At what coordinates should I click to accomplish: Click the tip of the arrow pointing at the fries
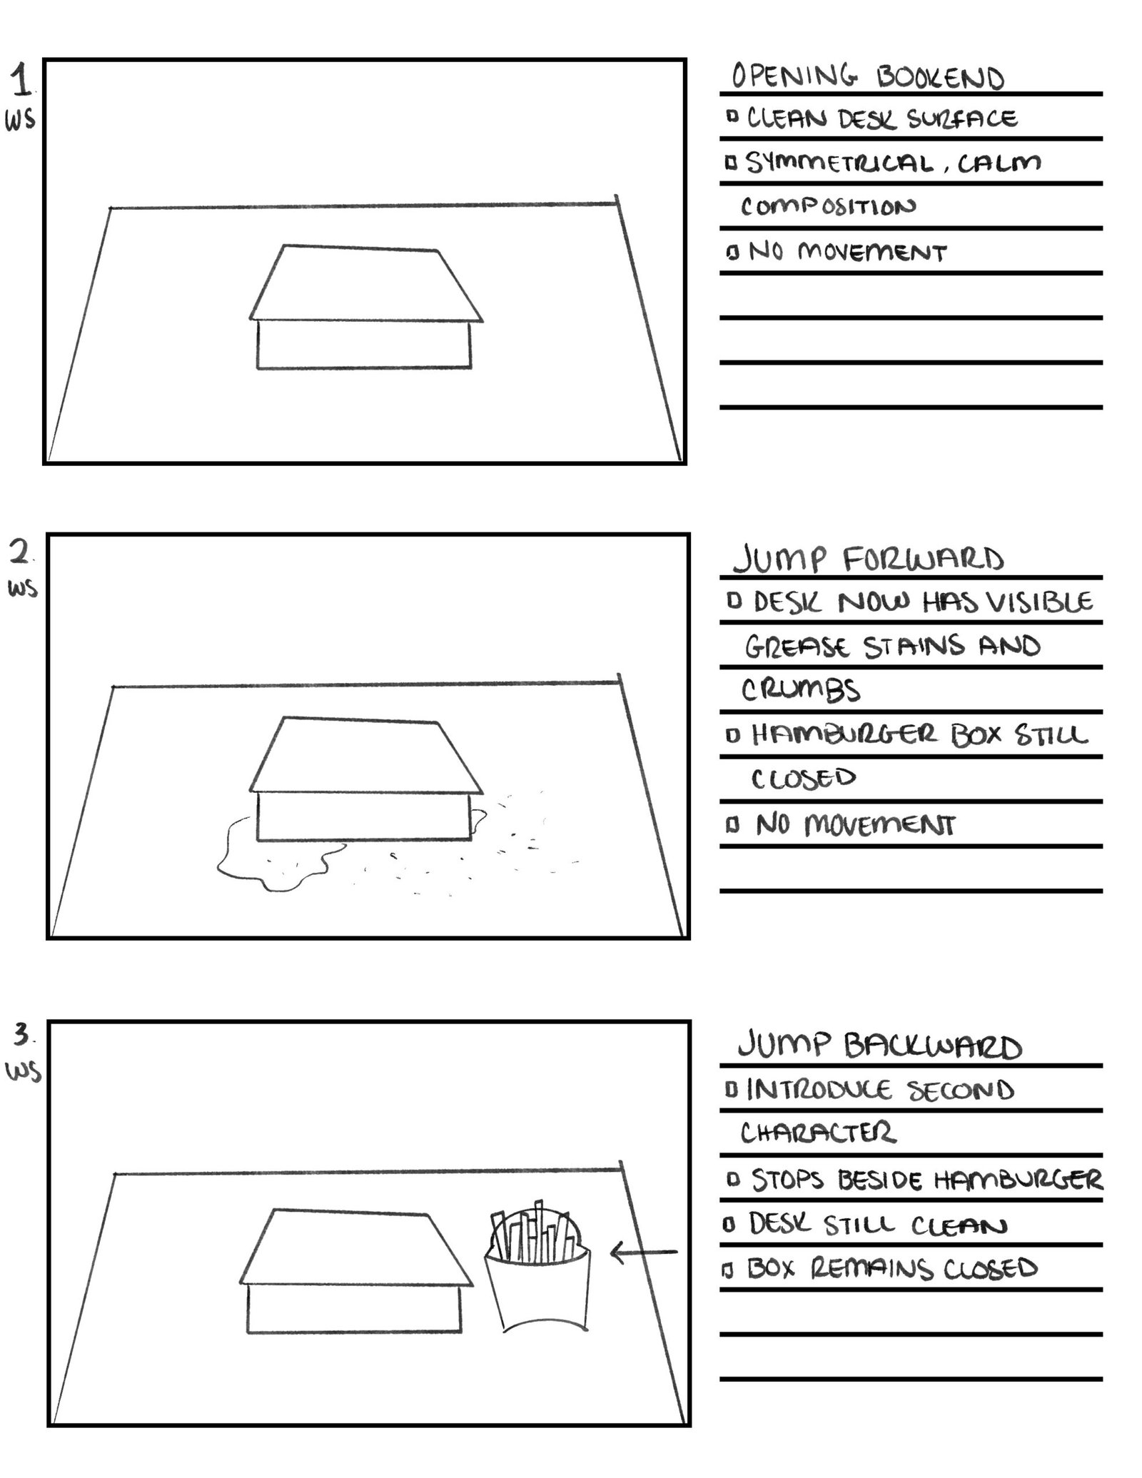coord(612,1252)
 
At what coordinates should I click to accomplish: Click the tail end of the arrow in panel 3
coord(677,1252)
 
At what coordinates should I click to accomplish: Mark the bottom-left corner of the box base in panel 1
coord(258,368)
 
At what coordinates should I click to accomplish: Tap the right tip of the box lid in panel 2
coord(483,791)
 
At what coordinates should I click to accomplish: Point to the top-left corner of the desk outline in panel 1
coord(110,208)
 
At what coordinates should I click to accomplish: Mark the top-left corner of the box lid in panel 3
coord(274,1210)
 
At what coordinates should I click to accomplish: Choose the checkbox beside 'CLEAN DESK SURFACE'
coord(732,116)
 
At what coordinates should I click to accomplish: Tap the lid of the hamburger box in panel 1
coord(366,283)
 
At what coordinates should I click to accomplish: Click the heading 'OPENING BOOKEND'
coord(868,76)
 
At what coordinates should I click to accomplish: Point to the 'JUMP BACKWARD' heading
coord(879,1046)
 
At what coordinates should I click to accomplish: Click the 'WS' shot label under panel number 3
coord(24,1073)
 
